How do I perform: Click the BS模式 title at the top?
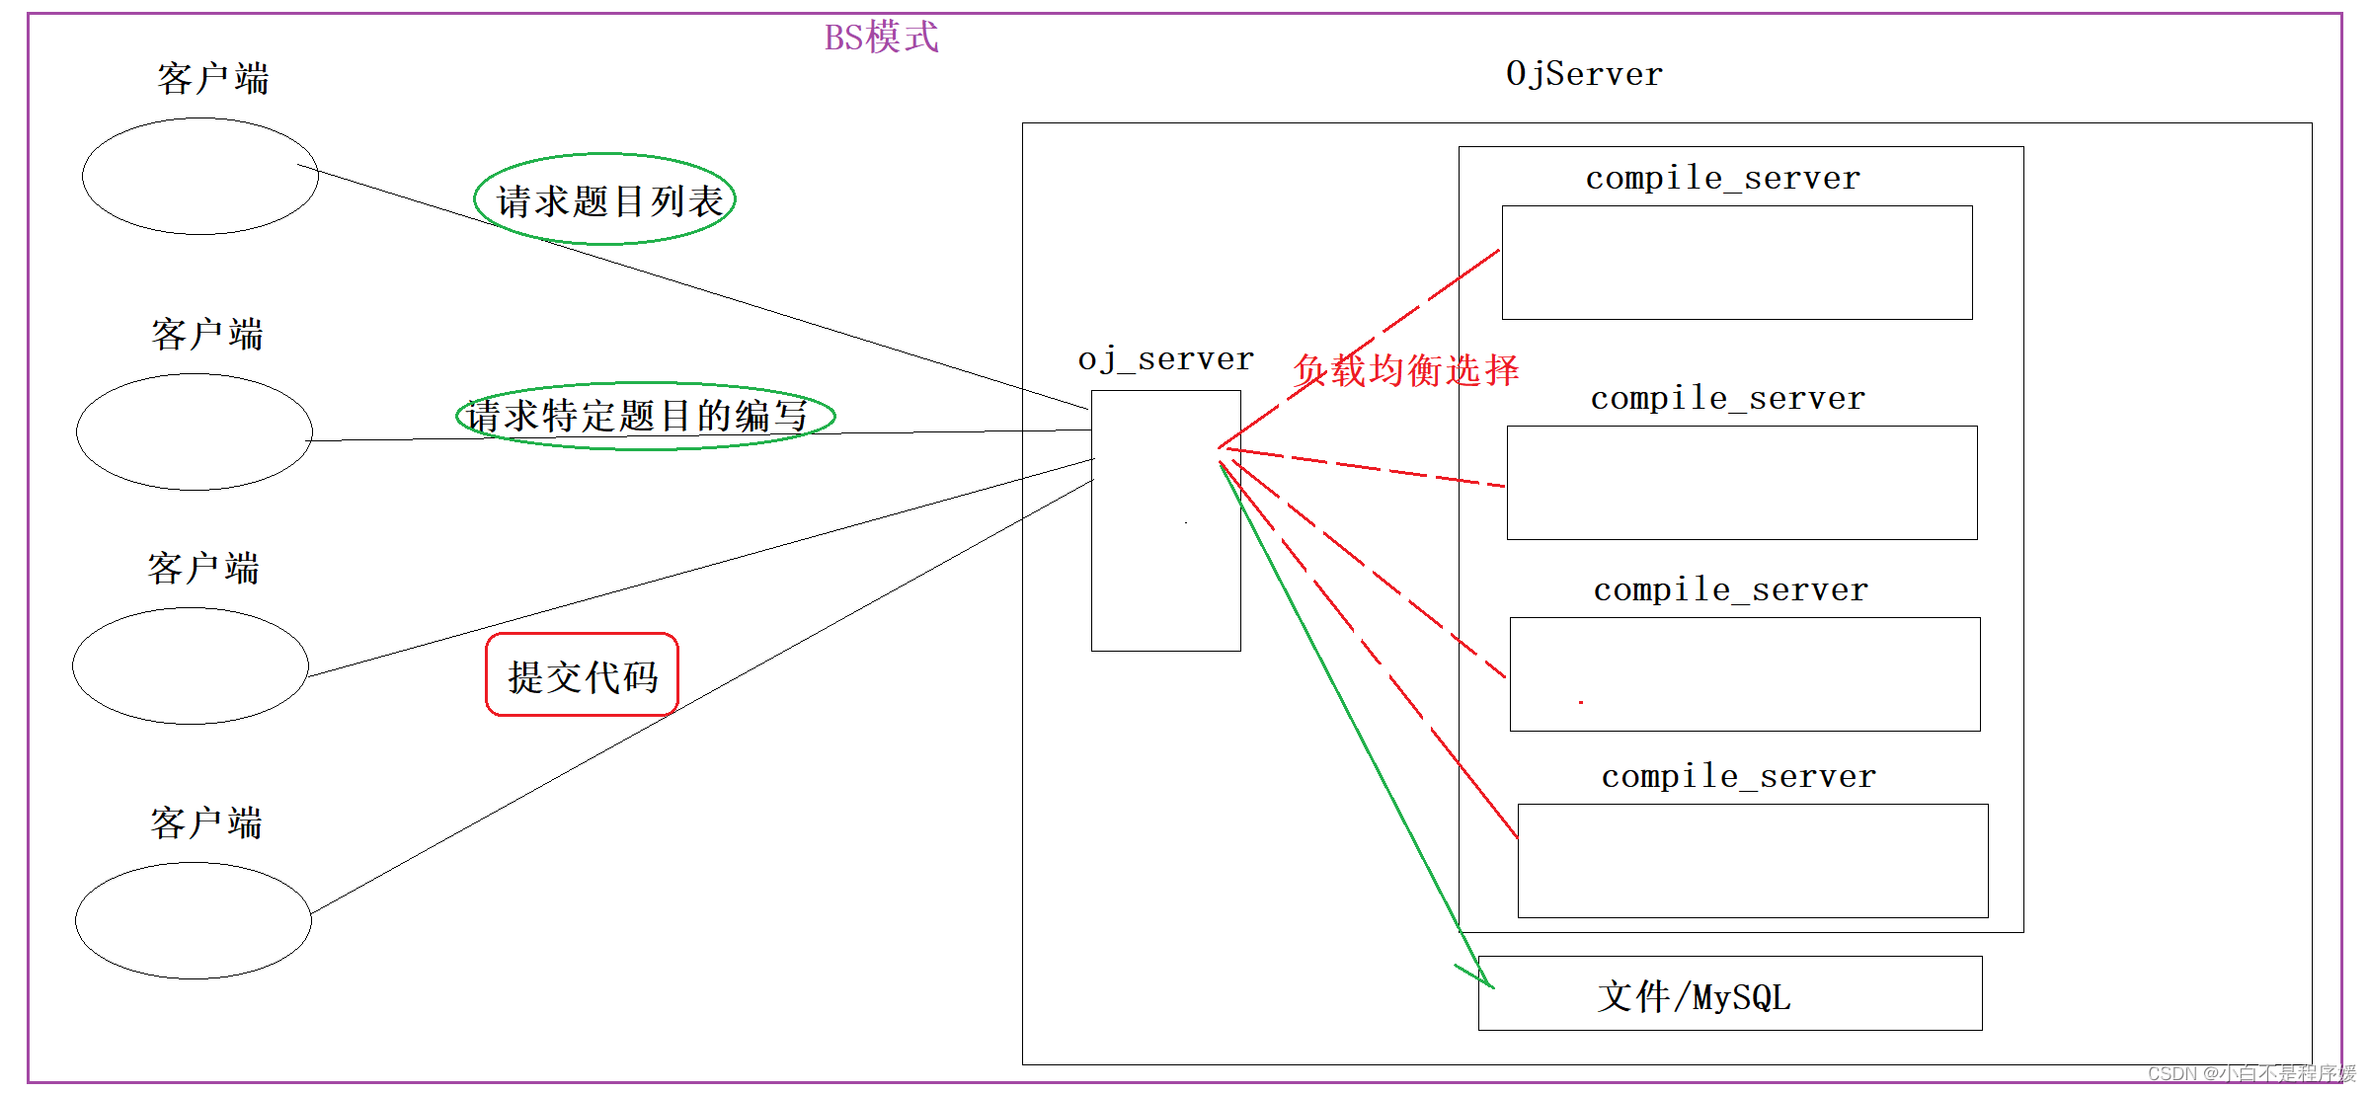point(881,38)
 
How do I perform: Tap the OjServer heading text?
point(1584,74)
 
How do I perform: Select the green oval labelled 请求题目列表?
point(605,199)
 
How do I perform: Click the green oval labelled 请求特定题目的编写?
point(645,416)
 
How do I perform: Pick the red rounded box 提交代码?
point(582,675)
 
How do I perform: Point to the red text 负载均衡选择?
point(1406,371)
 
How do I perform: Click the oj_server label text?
point(1165,359)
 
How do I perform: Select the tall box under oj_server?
point(1165,553)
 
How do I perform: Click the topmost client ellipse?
point(200,176)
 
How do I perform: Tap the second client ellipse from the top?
point(195,431)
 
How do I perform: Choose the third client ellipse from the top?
point(191,665)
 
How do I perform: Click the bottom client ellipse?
point(194,920)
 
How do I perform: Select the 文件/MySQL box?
point(1730,993)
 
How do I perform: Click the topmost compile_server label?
point(1723,178)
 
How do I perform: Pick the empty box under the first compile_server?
point(1737,263)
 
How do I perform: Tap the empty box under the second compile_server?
point(1742,483)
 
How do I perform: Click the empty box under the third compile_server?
point(1745,674)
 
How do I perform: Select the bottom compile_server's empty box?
point(1753,861)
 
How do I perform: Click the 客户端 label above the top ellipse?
point(212,78)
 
